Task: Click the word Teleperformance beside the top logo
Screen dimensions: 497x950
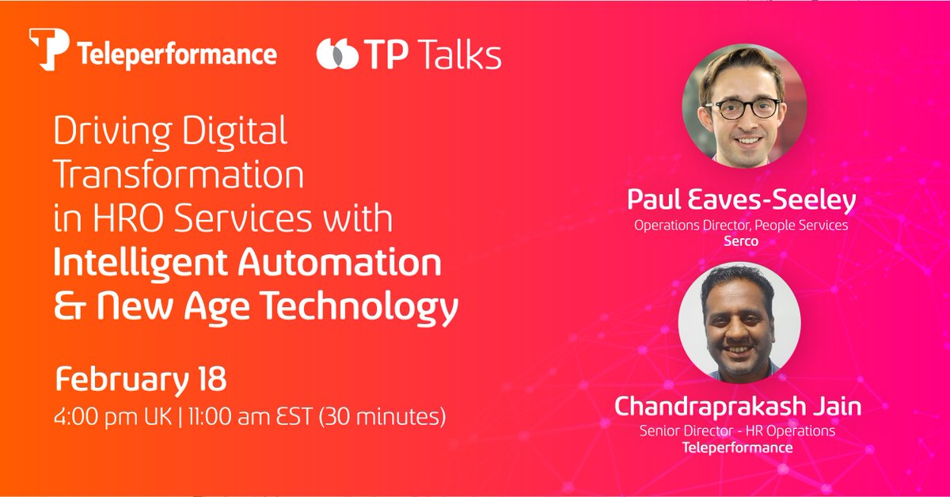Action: click(177, 55)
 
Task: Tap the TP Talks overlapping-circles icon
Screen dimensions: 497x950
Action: click(336, 55)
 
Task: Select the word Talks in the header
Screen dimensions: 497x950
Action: click(459, 55)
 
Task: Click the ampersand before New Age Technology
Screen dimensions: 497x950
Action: click(64, 306)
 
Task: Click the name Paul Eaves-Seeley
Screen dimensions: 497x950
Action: click(741, 201)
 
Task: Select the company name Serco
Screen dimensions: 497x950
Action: click(741, 241)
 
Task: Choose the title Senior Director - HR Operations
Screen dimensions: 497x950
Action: click(737, 431)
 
